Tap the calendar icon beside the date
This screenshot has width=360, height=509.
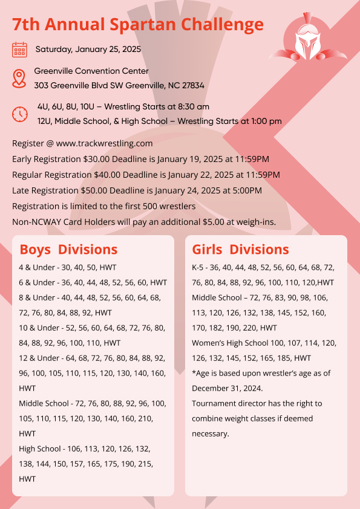point(20,50)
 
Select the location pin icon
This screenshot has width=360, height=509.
point(20,78)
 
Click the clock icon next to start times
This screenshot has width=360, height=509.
point(20,114)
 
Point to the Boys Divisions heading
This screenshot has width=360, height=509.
point(68,250)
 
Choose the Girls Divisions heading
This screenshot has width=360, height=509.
point(240,250)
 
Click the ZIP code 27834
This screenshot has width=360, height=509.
point(190,86)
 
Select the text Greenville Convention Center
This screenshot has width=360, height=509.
point(91,71)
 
